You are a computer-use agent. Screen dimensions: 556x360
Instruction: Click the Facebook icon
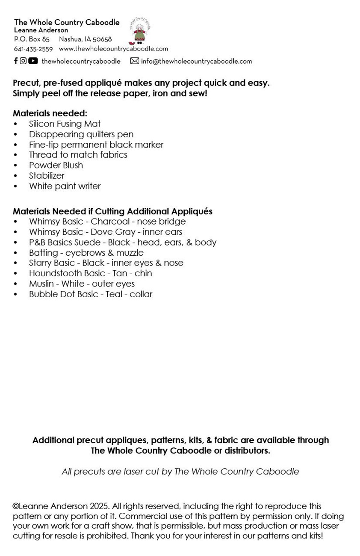[16, 61]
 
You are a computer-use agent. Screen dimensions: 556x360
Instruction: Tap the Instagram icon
[23, 61]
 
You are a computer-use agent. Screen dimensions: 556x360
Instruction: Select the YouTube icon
[33, 61]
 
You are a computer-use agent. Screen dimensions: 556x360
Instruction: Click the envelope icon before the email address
[134, 61]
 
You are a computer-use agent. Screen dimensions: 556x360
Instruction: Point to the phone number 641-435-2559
[33, 49]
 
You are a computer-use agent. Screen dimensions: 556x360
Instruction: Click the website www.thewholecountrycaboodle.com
[113, 49]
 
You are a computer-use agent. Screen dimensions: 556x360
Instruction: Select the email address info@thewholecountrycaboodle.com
[196, 61]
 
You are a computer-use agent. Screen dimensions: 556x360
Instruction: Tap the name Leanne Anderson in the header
[41, 30]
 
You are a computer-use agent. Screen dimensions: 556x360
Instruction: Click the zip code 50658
[102, 39]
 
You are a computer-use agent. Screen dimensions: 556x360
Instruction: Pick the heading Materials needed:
[50, 113]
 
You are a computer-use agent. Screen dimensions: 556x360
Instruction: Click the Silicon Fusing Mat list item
[65, 124]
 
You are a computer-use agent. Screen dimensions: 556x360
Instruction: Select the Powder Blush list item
[56, 165]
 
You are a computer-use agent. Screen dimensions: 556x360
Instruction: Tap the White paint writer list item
[65, 186]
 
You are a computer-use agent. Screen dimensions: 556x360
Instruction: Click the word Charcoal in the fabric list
[110, 222]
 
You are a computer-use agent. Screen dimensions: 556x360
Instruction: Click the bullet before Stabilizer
[16, 176]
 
